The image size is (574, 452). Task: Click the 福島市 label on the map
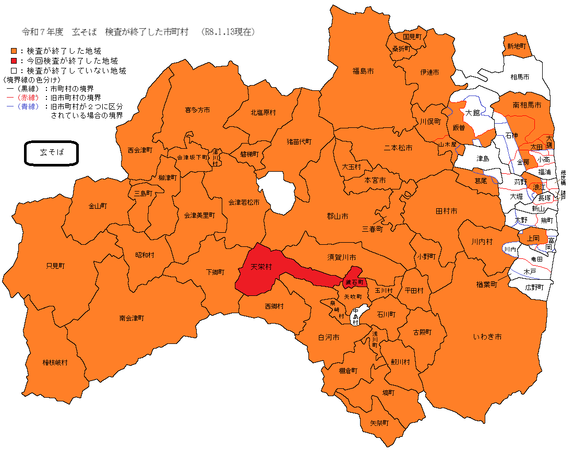click(363, 70)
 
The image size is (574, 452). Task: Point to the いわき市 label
click(487, 337)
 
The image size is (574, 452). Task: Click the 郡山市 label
click(338, 216)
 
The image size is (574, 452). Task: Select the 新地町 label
click(516, 46)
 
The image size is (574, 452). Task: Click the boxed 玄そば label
click(52, 153)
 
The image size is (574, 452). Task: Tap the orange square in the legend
click(14, 51)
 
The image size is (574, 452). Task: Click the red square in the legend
click(14, 61)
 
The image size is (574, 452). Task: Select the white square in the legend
click(14, 70)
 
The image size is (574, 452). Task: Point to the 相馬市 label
click(520, 77)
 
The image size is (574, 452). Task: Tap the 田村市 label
click(446, 211)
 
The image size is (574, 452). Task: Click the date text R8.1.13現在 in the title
click(229, 32)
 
